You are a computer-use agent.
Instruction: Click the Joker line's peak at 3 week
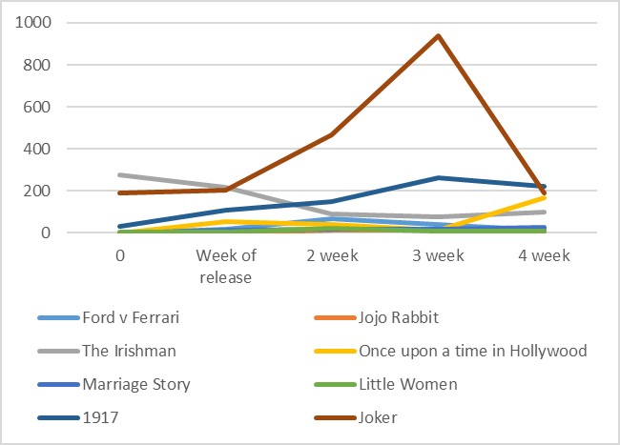(x=439, y=36)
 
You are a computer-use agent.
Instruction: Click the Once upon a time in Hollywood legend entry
(x=472, y=350)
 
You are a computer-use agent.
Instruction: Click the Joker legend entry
(x=379, y=416)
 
